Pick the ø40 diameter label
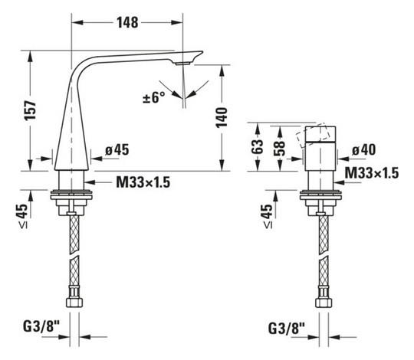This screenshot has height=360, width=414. click(364, 149)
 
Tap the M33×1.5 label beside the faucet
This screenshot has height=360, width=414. click(144, 183)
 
